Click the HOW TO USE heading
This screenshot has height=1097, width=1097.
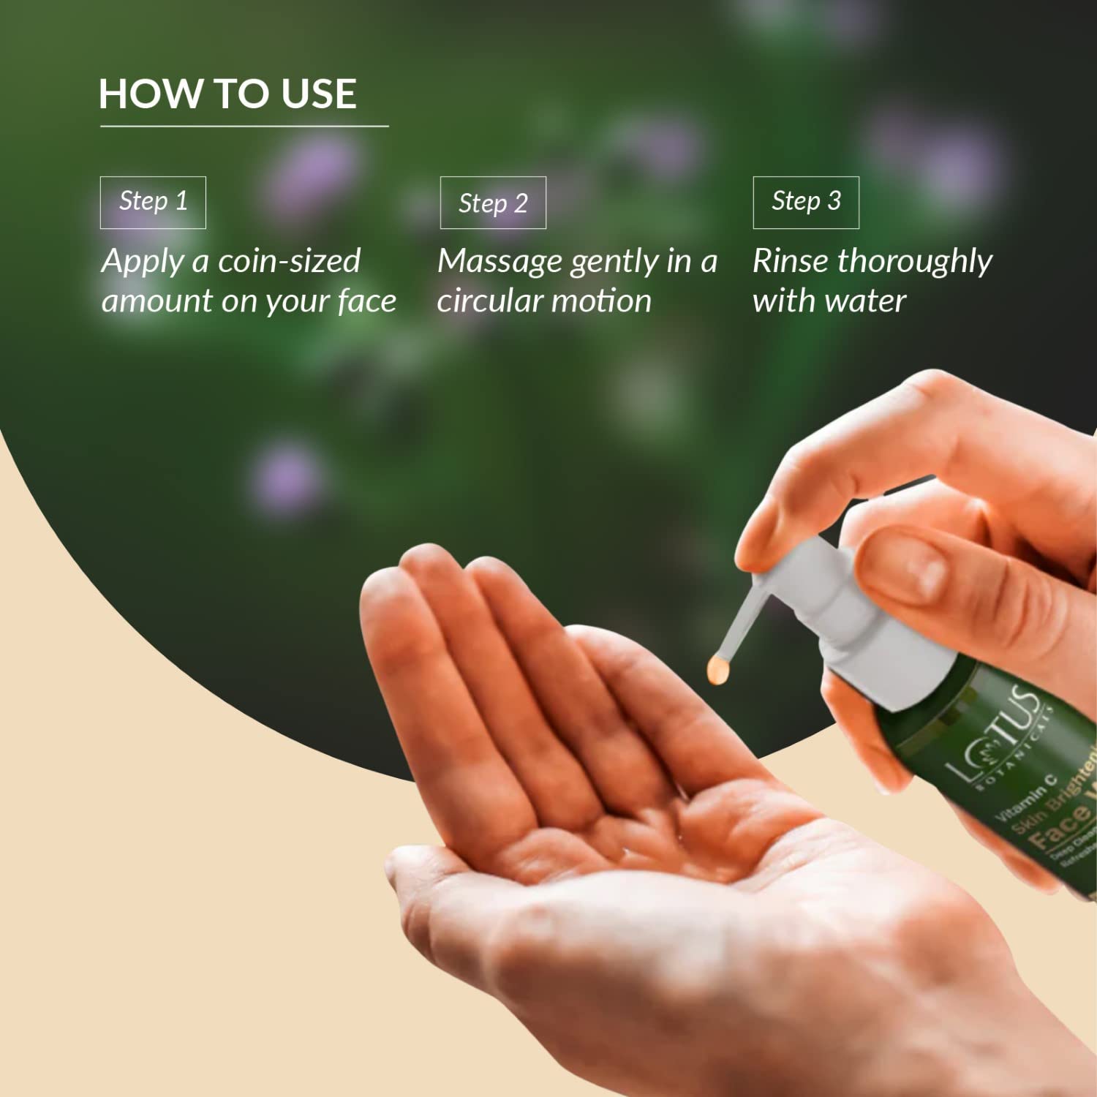[x=227, y=94]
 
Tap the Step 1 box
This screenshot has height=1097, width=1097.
[x=153, y=202]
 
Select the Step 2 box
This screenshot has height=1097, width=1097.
[x=493, y=203]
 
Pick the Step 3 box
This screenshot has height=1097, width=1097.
[x=806, y=202]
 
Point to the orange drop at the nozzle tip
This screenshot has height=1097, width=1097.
[x=718, y=669]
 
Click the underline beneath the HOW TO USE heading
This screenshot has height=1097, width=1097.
[x=244, y=127]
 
